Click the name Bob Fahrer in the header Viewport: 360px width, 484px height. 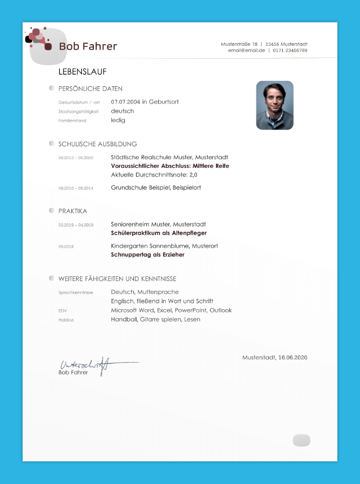click(88, 46)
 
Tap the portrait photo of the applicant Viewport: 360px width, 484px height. click(275, 105)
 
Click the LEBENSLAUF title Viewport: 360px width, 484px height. click(83, 71)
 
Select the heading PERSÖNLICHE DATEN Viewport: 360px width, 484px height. click(90, 88)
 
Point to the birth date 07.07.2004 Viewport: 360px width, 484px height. click(126, 101)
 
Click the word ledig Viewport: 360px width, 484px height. click(118, 120)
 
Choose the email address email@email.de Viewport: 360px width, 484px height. click(246, 50)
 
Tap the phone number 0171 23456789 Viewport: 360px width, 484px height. click(290, 50)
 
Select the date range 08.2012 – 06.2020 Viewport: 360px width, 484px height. click(76, 158)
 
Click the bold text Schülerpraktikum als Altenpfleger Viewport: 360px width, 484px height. click(159, 233)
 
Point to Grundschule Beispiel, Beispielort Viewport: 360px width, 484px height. click(156, 188)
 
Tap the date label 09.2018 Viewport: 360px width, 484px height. click(66, 246)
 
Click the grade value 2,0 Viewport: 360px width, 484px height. click(193, 175)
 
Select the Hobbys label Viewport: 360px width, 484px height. click(66, 319)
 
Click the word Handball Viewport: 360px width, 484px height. click(124, 319)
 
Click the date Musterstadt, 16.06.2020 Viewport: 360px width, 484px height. click(275, 357)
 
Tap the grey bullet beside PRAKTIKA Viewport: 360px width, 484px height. click(51, 210)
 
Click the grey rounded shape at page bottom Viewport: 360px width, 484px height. click(301, 440)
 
